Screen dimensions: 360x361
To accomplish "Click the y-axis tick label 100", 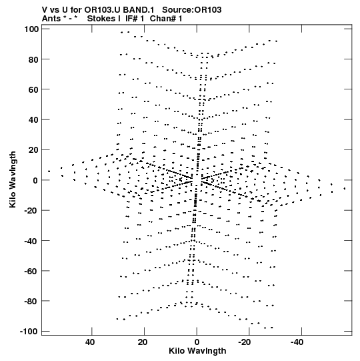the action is click(31, 29).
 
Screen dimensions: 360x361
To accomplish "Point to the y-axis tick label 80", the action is click(33, 59).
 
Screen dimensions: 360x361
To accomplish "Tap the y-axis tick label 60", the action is click(33, 89).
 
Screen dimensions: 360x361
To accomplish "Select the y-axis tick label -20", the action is click(31, 210).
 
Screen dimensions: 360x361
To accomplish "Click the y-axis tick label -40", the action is click(31, 241).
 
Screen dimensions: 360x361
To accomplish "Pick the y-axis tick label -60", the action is click(31, 271).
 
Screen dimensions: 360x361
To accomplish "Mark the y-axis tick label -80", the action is click(31, 301).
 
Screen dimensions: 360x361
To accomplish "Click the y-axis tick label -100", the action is click(29, 332).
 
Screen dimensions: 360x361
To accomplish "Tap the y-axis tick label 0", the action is click(35, 180).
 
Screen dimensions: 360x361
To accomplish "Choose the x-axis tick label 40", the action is click(90, 342).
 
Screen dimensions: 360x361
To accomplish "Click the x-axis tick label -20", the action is click(244, 342).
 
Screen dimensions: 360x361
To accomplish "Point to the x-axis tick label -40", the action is click(297, 342).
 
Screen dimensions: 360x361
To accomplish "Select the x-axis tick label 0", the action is click(197, 342).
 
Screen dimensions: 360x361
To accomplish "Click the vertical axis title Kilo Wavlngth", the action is click(13, 179).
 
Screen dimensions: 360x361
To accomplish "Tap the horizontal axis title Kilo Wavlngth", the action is click(197, 351).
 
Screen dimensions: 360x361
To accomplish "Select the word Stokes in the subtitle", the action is click(101, 19).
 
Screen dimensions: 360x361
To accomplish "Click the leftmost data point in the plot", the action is click(49, 171).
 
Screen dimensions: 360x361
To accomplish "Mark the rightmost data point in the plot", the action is click(345, 189).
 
